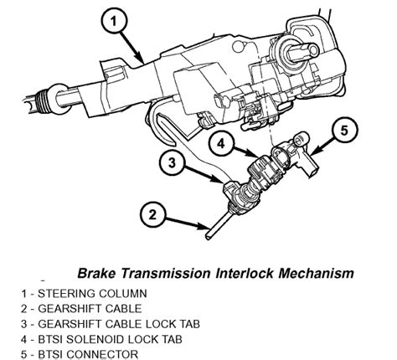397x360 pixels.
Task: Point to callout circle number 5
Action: point(346,130)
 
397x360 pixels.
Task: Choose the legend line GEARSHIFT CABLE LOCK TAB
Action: point(104,324)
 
